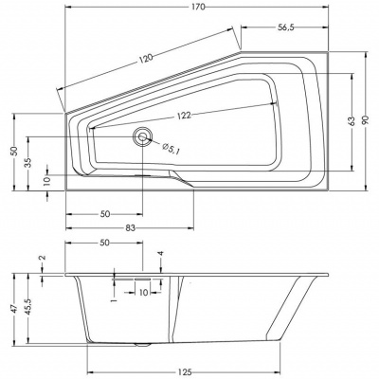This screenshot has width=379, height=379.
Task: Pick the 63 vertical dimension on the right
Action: pyautogui.click(x=351, y=121)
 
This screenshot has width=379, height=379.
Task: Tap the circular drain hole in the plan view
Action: pyautogui.click(x=143, y=137)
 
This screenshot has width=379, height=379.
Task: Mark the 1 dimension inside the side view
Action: pyautogui.click(x=113, y=300)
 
